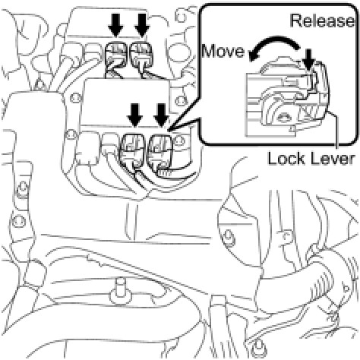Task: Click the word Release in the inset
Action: click(322, 21)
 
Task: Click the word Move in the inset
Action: click(223, 51)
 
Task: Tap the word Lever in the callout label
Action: click(332, 159)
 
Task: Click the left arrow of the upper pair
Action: click(115, 25)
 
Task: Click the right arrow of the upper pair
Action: click(142, 25)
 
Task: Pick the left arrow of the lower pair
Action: click(135, 115)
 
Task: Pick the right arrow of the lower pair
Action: click(161, 115)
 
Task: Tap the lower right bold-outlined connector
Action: click(160, 154)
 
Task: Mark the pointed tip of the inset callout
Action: click(168, 131)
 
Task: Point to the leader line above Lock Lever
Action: click(334, 131)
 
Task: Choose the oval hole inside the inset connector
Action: click(283, 117)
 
